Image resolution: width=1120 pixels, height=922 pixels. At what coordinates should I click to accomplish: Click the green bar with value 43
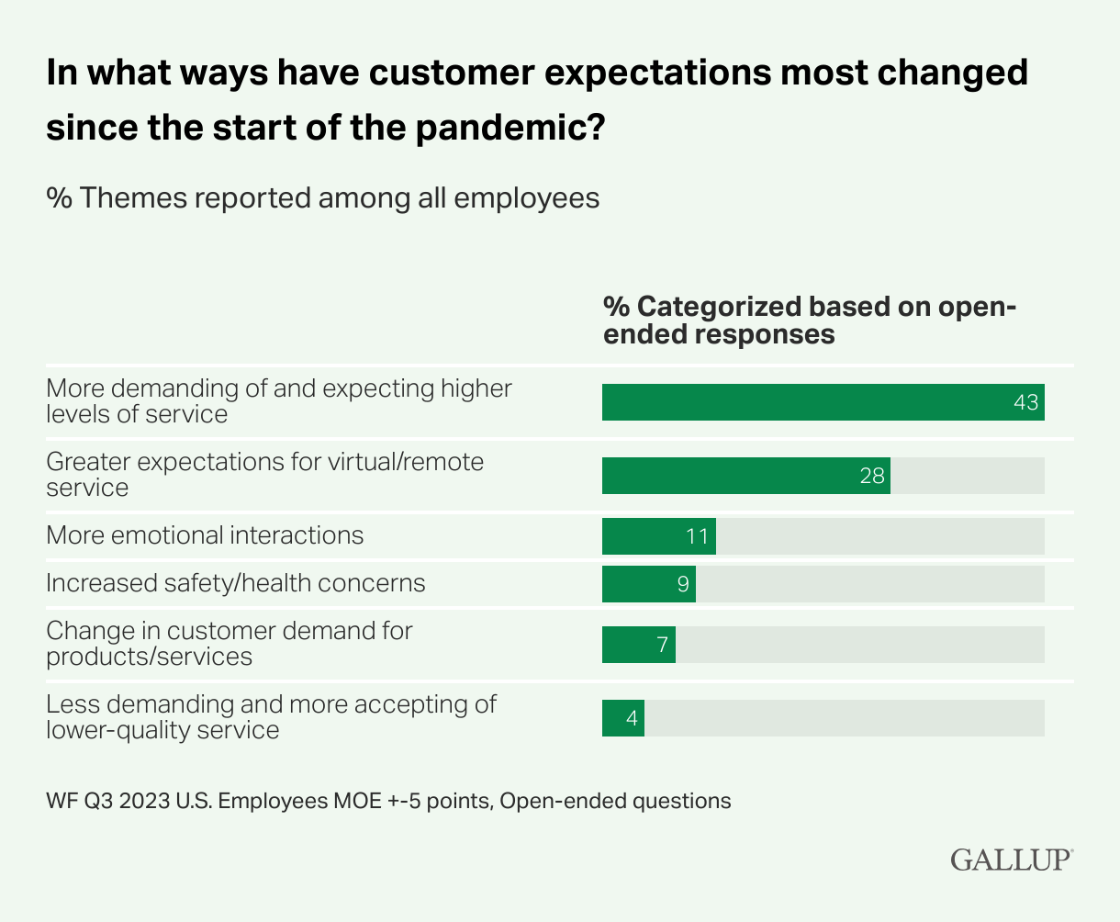(x=823, y=402)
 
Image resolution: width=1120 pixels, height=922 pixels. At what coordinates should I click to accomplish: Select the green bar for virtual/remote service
(x=745, y=476)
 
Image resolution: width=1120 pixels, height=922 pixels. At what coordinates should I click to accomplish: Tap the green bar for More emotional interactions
(x=658, y=536)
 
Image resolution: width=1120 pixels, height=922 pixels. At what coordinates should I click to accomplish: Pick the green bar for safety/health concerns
(x=648, y=584)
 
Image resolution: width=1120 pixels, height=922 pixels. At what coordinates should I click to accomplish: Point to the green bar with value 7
(x=638, y=645)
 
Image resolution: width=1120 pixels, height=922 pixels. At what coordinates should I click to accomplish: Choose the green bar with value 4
(x=622, y=718)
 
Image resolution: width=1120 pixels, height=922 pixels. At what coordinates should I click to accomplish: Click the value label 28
(x=872, y=476)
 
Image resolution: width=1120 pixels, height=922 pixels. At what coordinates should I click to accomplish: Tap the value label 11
(x=698, y=536)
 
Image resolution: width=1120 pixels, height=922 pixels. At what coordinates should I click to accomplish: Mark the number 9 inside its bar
(x=683, y=584)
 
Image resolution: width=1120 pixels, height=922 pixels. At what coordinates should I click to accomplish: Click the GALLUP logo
(x=1011, y=860)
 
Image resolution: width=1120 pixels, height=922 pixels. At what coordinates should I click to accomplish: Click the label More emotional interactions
(x=205, y=535)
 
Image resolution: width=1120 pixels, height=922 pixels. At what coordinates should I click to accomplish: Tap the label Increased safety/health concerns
(x=236, y=583)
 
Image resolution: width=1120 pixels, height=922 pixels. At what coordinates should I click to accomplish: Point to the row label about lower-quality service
(x=271, y=717)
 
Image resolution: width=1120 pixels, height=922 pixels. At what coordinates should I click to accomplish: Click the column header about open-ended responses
(x=809, y=320)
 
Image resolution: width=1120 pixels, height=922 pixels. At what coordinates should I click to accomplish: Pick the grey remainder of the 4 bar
(x=844, y=718)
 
